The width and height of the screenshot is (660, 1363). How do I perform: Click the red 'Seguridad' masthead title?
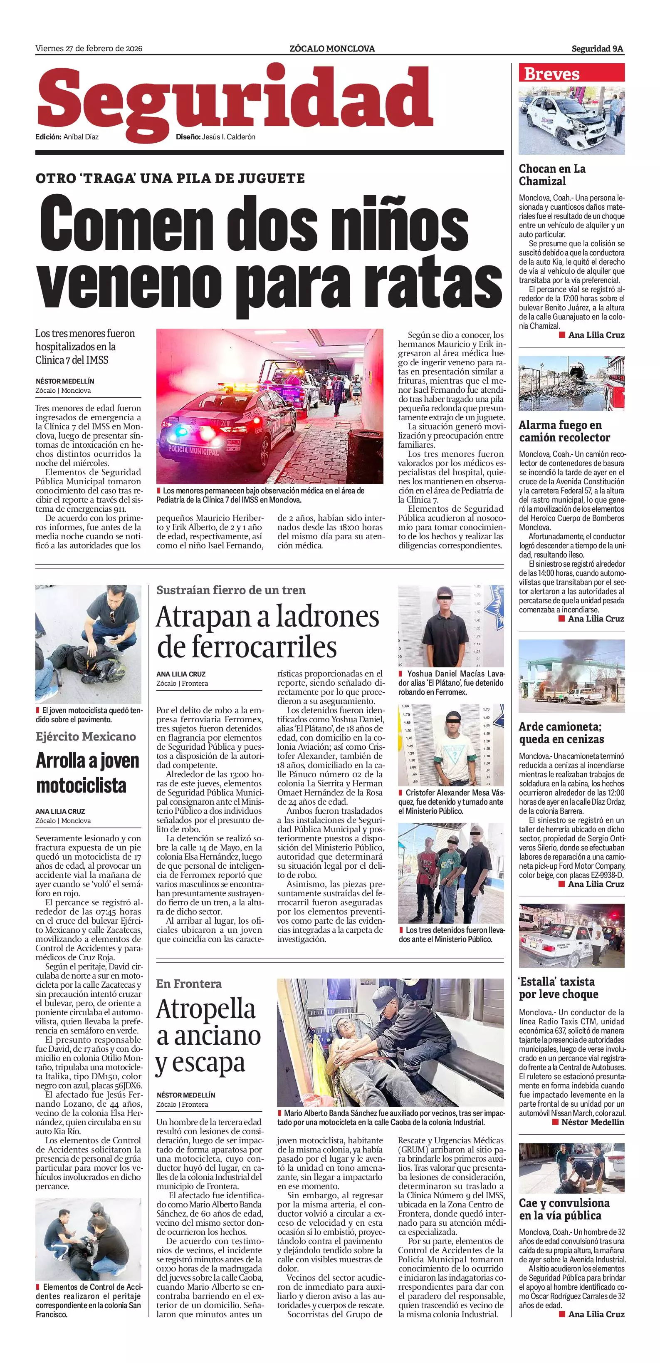click(x=235, y=100)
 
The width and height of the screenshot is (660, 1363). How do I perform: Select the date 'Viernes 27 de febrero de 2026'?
click(x=89, y=49)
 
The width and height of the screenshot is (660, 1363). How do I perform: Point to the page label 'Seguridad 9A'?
click(x=597, y=49)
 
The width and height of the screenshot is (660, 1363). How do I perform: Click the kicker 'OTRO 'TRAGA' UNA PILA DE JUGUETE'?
click(x=170, y=178)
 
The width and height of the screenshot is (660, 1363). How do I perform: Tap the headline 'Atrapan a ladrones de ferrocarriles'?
click(x=267, y=631)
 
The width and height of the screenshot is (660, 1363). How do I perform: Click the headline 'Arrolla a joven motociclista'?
click(x=88, y=773)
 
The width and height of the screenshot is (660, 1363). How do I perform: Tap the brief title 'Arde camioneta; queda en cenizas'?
click(x=561, y=732)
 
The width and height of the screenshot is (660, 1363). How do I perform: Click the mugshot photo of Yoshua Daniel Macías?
click(x=450, y=625)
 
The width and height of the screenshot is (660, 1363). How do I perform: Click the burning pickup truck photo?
click(x=571, y=676)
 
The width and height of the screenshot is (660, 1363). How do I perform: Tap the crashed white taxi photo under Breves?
click(x=571, y=121)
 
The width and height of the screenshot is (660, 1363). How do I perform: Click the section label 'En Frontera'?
click(x=188, y=984)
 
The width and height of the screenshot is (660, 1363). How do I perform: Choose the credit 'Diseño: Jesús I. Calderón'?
click(x=215, y=136)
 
